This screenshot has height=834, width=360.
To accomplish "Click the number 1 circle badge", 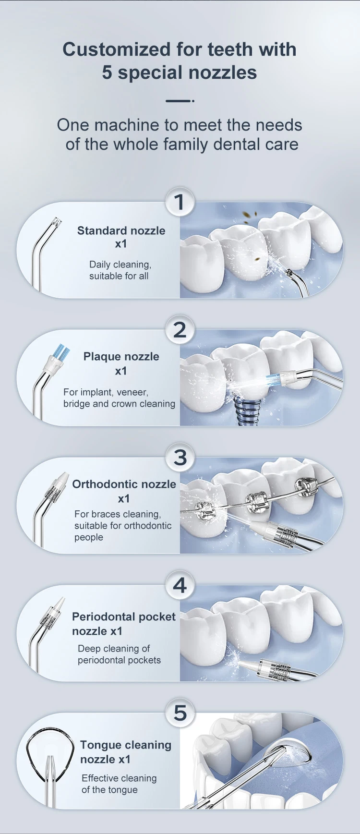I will [x=180, y=202].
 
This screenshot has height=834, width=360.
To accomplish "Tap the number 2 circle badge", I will [x=180, y=330].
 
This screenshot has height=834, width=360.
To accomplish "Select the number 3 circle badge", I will [x=180, y=458].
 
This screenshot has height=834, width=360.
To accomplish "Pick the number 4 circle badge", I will [x=180, y=585].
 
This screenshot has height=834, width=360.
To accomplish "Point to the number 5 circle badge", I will [x=180, y=713].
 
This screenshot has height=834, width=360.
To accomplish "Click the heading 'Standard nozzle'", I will [x=121, y=231].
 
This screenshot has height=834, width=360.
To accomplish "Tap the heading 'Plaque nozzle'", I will [x=121, y=357].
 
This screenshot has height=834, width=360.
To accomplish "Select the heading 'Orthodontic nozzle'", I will [x=124, y=484].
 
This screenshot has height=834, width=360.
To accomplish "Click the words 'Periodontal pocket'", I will [x=123, y=617].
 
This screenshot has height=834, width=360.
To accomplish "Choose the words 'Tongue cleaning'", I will [x=125, y=745].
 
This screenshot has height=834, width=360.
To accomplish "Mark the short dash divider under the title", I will [x=179, y=101].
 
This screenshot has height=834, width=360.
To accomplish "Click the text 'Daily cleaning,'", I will [x=120, y=265].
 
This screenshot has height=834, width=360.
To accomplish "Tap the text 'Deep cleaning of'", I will [x=114, y=649].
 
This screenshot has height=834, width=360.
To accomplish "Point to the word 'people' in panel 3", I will [x=89, y=537].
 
